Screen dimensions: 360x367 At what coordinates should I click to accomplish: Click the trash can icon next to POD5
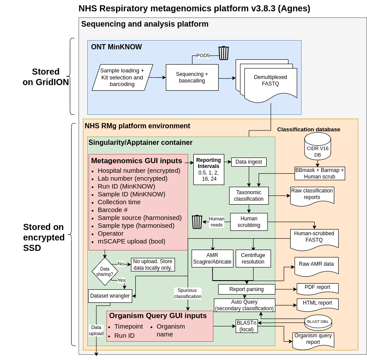[x=223, y=53]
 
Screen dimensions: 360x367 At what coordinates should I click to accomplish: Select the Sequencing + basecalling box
[x=192, y=77]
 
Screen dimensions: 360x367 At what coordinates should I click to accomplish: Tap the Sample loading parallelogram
[x=122, y=77]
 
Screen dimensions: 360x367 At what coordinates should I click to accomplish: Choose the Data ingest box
[x=249, y=162]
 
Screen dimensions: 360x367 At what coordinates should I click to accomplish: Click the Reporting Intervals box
[x=209, y=169]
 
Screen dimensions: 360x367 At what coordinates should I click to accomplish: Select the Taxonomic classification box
[x=249, y=195]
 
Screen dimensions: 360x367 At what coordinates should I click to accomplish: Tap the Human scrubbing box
[x=249, y=222]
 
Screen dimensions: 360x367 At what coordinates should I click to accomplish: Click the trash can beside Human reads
[x=197, y=222]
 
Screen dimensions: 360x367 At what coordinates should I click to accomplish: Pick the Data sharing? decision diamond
[x=105, y=271]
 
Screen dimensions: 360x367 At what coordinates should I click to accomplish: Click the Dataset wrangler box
[x=110, y=296]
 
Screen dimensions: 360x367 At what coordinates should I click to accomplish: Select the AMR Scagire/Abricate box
[x=213, y=258]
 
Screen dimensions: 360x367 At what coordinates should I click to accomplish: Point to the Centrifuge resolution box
[x=253, y=258]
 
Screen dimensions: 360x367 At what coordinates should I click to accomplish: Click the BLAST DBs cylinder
[x=318, y=322]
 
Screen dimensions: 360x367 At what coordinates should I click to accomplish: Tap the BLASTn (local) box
[x=247, y=326]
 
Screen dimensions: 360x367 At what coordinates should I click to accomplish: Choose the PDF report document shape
[x=317, y=288]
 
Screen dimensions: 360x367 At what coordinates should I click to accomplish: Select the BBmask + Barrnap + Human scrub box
[x=319, y=173]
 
